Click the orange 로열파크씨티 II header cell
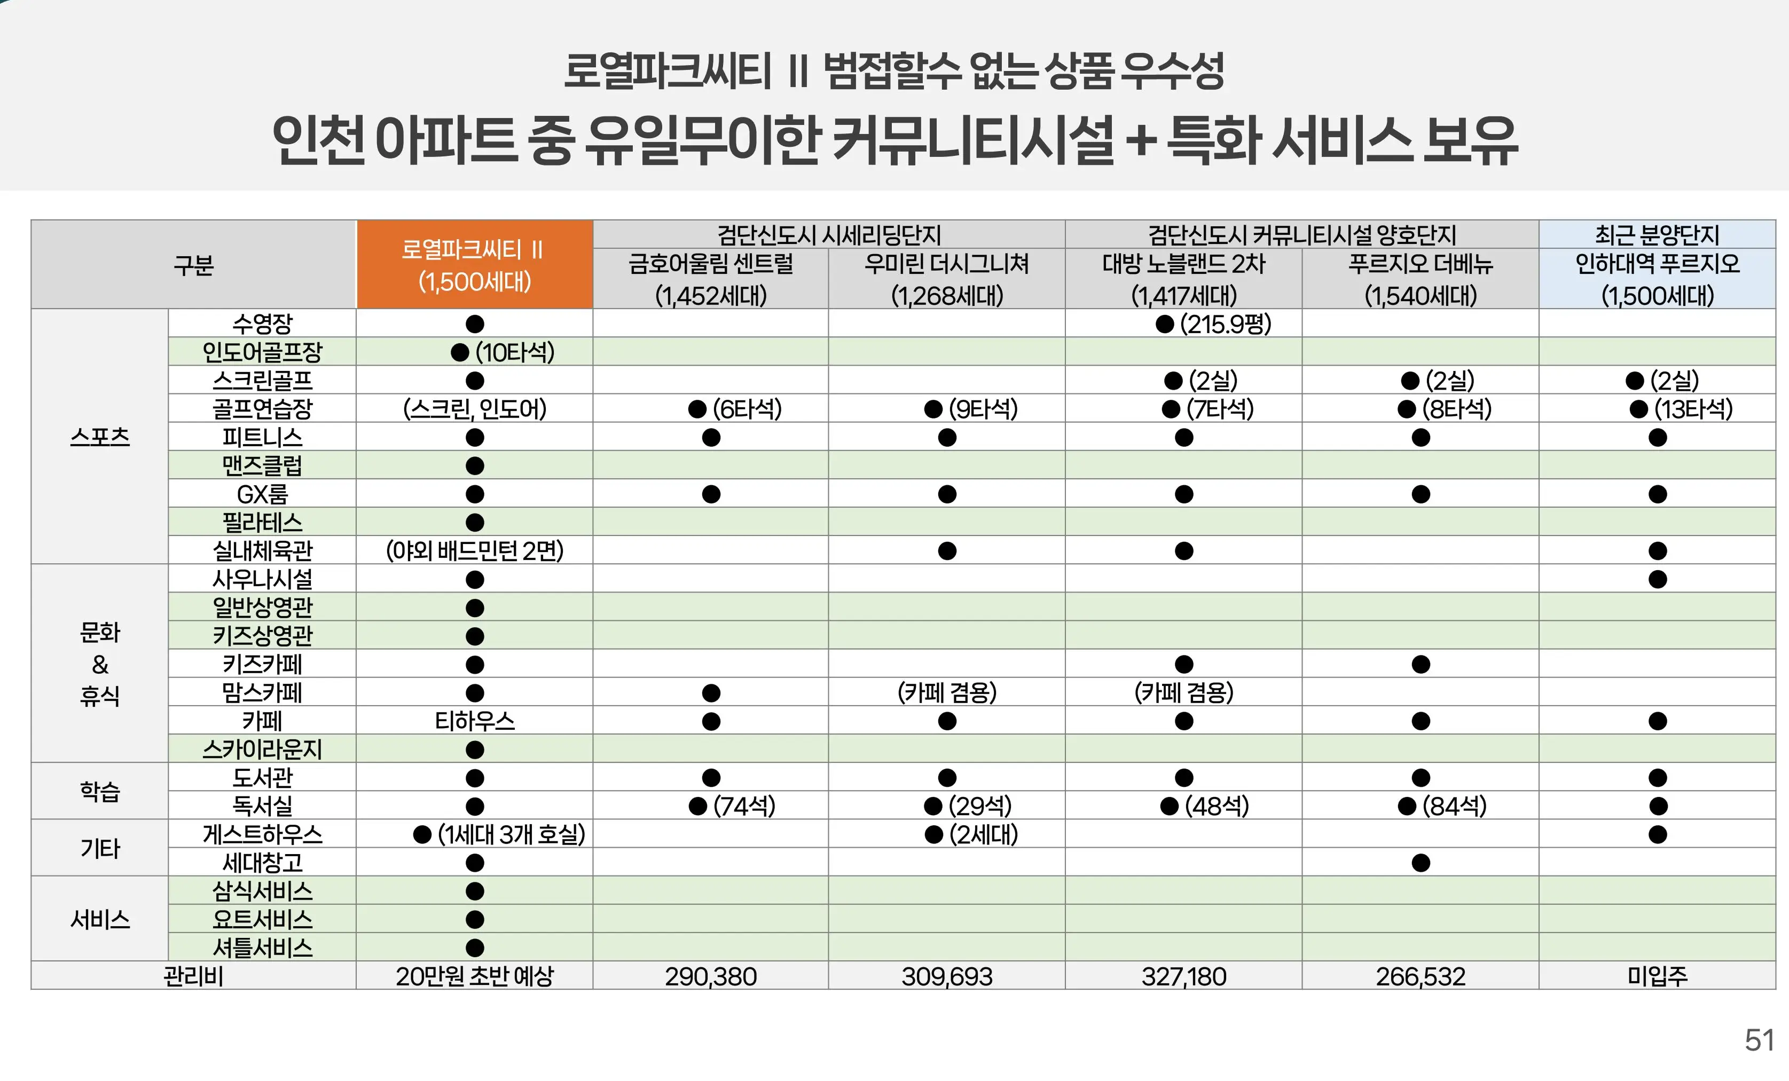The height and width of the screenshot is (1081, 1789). click(474, 265)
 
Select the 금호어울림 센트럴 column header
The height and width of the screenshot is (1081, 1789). click(710, 279)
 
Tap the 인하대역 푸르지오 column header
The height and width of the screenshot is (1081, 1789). click(1657, 279)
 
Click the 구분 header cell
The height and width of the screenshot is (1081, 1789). click(193, 265)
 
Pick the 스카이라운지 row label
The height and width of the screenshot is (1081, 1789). click(262, 748)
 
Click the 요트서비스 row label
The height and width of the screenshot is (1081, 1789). click(262, 919)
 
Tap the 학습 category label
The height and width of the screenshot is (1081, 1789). click(99, 791)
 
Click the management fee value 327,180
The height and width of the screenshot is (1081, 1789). click(1183, 976)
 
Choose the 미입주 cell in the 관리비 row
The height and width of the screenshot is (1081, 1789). click(1657, 976)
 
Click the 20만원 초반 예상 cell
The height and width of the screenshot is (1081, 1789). click(474, 976)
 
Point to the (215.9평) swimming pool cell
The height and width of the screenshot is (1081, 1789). click(1214, 324)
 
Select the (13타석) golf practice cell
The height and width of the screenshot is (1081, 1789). click(1681, 409)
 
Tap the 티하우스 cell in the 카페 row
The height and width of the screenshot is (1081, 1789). click(474, 721)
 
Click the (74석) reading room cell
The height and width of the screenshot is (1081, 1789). click(732, 806)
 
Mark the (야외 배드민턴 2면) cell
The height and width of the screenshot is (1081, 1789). click(474, 551)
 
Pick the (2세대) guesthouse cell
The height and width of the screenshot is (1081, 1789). click(971, 835)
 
